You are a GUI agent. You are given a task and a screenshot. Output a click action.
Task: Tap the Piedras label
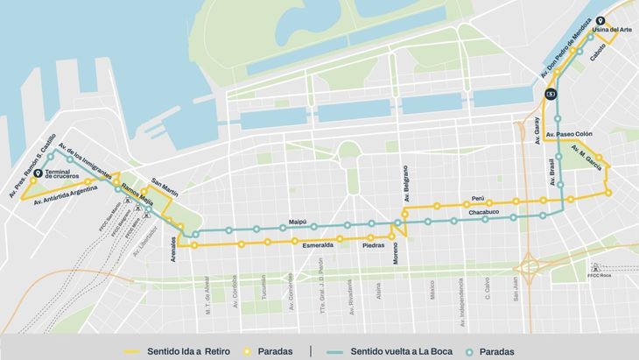coord(374,247)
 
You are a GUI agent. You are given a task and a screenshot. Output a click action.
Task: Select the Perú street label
coord(478,199)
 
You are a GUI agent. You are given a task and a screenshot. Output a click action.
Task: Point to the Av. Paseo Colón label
coord(569,134)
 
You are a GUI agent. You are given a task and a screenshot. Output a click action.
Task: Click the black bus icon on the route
coord(551,94)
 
